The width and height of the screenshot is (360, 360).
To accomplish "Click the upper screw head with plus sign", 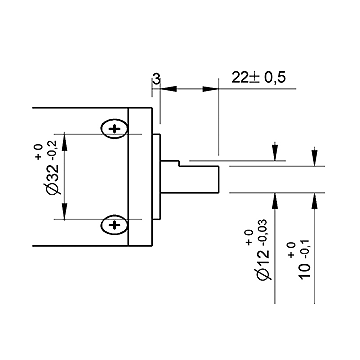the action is (114, 128).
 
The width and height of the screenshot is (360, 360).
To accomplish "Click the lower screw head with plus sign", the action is (114, 225).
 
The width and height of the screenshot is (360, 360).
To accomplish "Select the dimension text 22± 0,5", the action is (259, 78).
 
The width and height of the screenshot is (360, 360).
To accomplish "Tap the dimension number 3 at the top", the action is (156, 79).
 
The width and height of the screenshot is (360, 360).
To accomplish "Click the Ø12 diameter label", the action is (264, 264).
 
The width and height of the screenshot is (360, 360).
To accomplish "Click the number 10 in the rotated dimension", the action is (305, 271).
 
